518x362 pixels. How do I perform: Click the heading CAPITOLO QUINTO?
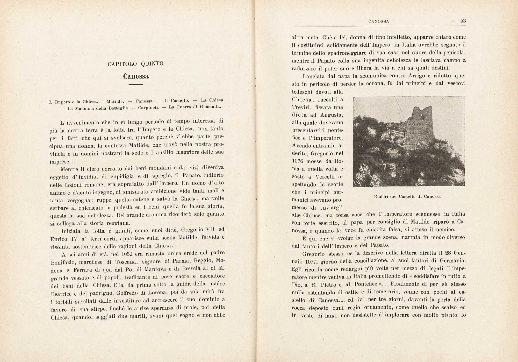coord(135,64)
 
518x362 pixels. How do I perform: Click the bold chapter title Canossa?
coord(136,76)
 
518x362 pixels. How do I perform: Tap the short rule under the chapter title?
coord(136,85)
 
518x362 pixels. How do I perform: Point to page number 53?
coord(463,21)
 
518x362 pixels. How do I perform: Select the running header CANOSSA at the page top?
coord(379,22)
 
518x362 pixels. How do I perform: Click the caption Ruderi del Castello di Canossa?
coord(407,196)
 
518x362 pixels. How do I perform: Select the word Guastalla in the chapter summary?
coord(211,107)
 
